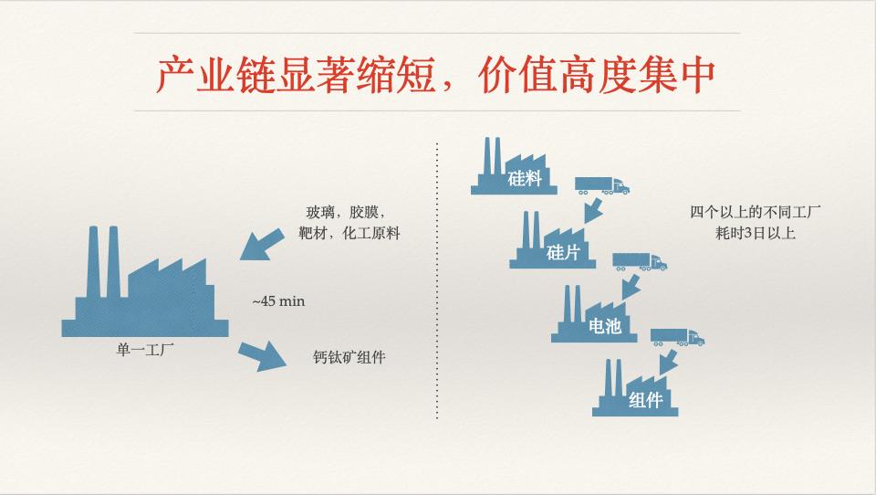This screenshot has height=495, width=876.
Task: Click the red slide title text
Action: [435, 75]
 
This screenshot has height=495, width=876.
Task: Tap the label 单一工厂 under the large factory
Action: [135, 348]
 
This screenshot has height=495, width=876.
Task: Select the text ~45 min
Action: [277, 300]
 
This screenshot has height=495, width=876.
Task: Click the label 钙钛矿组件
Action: [349, 357]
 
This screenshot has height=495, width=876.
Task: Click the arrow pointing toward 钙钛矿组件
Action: [262, 353]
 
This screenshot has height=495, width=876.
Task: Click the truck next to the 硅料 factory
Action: [601, 184]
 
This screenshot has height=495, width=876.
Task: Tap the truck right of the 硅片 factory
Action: [639, 261]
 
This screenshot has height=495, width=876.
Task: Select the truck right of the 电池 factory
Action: [677, 336]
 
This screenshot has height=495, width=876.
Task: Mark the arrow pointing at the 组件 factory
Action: [669, 361]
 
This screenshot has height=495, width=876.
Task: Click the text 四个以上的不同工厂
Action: [756, 213]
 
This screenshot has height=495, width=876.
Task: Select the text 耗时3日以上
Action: [756, 234]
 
